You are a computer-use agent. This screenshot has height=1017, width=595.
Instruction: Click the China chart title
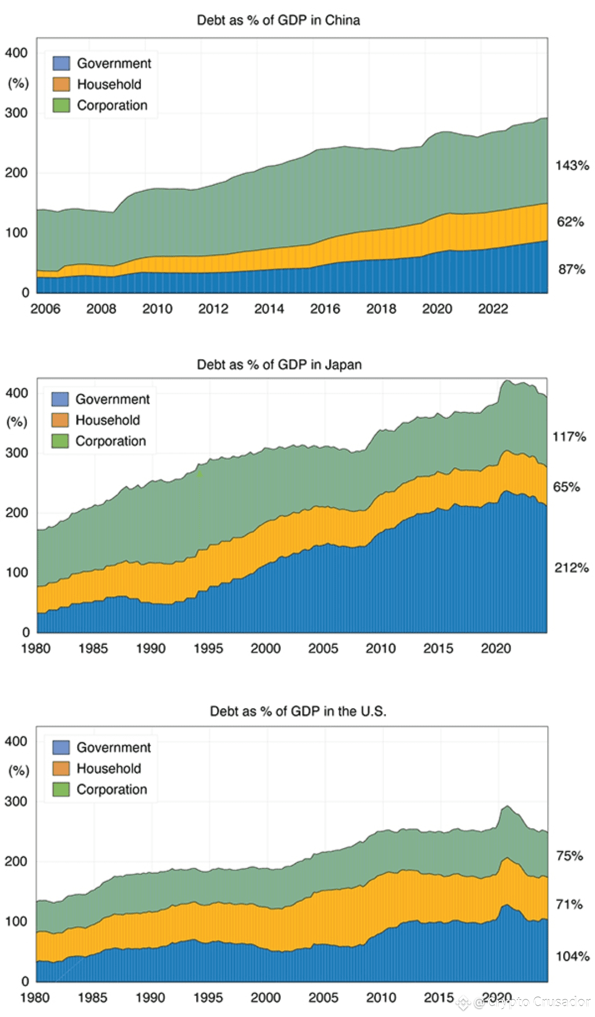click(278, 20)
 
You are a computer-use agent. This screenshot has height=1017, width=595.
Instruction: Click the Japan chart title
click(279, 365)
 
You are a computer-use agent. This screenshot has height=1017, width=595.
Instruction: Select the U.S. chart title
click(298, 711)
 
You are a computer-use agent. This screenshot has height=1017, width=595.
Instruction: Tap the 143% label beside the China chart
click(572, 165)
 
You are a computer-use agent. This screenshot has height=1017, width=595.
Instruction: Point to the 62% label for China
click(570, 222)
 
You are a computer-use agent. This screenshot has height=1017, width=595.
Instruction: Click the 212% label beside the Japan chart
click(571, 567)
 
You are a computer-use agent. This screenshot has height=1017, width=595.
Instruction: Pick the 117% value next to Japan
click(569, 437)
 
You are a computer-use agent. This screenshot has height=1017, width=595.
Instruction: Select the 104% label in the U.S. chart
click(572, 956)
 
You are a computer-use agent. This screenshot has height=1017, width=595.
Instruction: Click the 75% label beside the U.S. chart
click(570, 856)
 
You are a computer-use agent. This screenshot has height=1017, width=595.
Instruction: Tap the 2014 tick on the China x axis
click(269, 309)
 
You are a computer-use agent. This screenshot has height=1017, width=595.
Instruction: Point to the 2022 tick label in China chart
click(493, 309)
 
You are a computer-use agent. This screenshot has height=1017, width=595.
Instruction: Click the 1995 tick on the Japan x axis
click(208, 648)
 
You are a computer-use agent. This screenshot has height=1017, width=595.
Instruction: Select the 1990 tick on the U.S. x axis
click(150, 998)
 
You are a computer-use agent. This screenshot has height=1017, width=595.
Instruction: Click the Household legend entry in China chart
click(109, 84)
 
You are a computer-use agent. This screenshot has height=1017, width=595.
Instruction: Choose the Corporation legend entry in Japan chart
click(111, 441)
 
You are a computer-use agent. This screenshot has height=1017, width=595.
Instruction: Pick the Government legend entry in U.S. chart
click(113, 748)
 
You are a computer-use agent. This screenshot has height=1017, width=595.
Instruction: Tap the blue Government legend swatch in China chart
click(61, 63)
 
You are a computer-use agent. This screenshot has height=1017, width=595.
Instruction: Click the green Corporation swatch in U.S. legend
click(61, 789)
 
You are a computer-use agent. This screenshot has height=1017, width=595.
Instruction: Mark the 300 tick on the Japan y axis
click(17, 453)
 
